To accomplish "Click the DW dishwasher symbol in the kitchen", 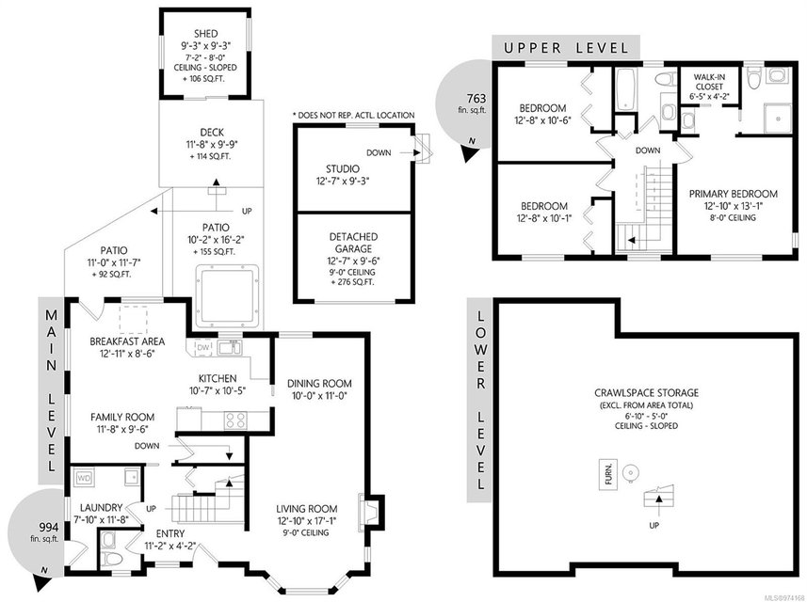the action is [203, 348].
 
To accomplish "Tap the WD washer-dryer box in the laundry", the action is [84, 479].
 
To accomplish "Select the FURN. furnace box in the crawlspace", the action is [609, 474].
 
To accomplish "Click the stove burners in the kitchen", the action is [235, 420].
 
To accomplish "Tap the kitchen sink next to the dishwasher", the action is [229, 347].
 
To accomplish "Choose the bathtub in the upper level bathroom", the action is [625, 89].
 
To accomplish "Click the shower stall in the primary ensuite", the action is [778, 119].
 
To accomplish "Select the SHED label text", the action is [206, 34].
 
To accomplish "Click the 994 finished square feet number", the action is [49, 528].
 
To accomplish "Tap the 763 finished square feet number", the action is [476, 98].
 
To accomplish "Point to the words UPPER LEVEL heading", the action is [566, 48].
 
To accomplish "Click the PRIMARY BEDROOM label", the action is [734, 194].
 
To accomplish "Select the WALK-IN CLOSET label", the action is [709, 82].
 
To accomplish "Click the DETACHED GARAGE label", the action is [353, 243].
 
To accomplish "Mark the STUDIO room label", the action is [343, 168].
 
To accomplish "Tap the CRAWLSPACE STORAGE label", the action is [646, 393].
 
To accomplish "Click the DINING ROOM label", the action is [319, 383].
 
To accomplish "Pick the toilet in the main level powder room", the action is [108, 557].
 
